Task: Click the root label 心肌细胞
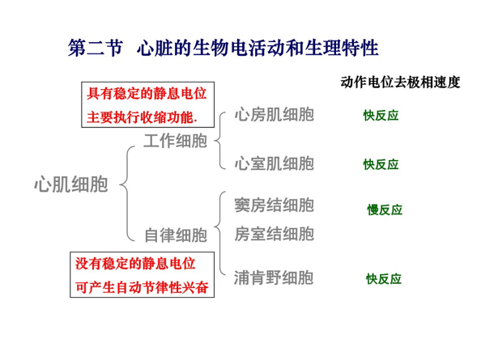point(71,184)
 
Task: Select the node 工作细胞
point(176,141)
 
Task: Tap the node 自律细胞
point(176,235)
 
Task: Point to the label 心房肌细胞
point(275,115)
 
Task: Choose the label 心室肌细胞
point(275,163)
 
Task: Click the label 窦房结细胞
point(275,205)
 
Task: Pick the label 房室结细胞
point(275,234)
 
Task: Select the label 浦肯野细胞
point(274,277)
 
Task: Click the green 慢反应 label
point(385,210)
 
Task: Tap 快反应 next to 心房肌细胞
point(381,116)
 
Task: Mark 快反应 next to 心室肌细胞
point(381,164)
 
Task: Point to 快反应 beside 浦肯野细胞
point(384,279)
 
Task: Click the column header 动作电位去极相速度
point(400,82)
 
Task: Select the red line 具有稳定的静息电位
point(147,94)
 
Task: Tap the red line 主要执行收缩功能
point(142,117)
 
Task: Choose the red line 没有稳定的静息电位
point(135,264)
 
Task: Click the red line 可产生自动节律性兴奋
point(142,287)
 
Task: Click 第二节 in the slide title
point(95,48)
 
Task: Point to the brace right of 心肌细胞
point(126,193)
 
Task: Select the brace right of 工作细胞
point(219,141)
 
